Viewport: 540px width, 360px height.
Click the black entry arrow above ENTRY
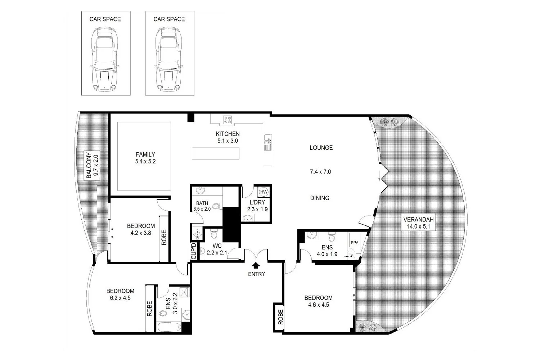[x=256, y=266]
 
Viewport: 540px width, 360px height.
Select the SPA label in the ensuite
[x=354, y=243]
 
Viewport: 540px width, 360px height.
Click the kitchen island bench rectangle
[x=215, y=153]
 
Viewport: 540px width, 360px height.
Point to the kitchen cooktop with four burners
[x=228, y=120]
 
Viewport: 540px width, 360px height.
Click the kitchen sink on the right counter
[x=267, y=142]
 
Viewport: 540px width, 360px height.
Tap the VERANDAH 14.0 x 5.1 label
[x=419, y=223]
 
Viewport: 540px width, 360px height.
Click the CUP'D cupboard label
[x=193, y=251]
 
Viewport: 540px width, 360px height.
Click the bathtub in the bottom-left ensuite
[x=168, y=327]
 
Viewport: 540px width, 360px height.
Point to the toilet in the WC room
[x=214, y=235]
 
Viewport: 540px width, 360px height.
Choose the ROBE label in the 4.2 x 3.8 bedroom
[x=164, y=238]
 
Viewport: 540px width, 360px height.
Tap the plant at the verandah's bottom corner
[x=366, y=328]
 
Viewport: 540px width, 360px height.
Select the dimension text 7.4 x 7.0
[x=320, y=172]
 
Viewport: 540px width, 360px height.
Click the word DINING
[x=320, y=198]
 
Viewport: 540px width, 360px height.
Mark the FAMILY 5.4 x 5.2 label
[x=145, y=158]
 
